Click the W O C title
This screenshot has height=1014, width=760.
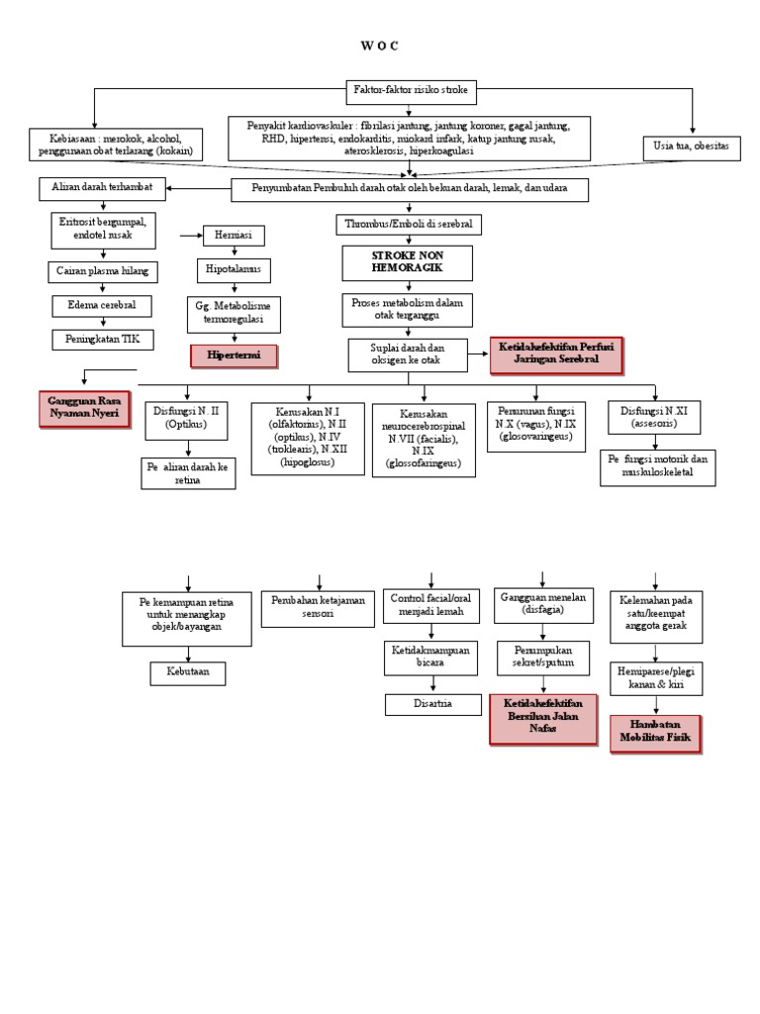pos(379,46)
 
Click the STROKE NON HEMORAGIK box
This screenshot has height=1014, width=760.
pos(408,262)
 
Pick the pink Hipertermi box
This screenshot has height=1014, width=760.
pos(234,355)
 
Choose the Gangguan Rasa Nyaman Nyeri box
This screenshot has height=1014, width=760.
pos(85,407)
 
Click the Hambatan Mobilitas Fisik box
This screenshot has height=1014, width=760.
pos(655,733)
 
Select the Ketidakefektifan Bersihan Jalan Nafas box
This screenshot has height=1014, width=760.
pos(543,717)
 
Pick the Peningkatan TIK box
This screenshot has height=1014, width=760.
pos(96,339)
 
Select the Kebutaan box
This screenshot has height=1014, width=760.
pos(187,674)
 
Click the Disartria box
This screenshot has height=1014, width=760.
pos(430,704)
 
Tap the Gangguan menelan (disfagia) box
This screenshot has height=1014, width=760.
pos(542,606)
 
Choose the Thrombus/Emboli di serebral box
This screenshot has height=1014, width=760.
pos(409,225)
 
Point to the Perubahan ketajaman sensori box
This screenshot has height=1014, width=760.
pos(319,607)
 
